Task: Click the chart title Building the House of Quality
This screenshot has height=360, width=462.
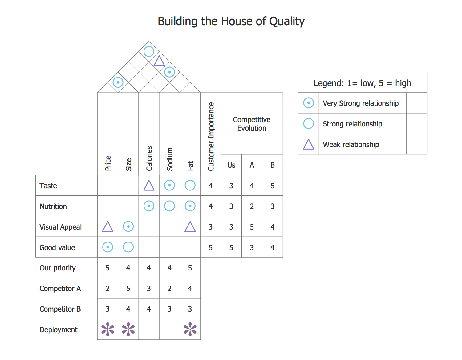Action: pyautogui.click(x=231, y=22)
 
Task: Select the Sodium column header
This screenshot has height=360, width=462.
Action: pyautogui.click(x=170, y=159)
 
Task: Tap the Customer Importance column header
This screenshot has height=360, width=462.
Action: pyautogui.click(x=211, y=136)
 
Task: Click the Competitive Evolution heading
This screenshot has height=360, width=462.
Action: pyautogui.click(x=252, y=124)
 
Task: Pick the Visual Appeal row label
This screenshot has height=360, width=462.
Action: pyautogui.click(x=61, y=227)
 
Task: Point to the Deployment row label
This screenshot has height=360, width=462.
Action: pyautogui.click(x=59, y=330)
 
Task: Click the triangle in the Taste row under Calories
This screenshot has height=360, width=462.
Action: pyautogui.click(x=149, y=186)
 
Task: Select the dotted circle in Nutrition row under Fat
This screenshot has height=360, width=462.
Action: pyautogui.click(x=190, y=206)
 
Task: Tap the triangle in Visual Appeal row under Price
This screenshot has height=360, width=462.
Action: pyautogui.click(x=107, y=227)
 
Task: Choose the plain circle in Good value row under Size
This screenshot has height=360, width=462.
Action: pyautogui.click(x=128, y=247)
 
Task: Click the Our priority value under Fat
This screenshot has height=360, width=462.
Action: pyautogui.click(x=190, y=268)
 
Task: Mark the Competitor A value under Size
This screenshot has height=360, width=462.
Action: pyautogui.click(x=128, y=289)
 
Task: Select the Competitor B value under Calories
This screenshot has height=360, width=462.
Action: pyautogui.click(x=149, y=309)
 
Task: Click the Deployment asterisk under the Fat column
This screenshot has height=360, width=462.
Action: pyautogui.click(x=190, y=329)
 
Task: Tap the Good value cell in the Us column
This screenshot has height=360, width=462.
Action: pyautogui.click(x=231, y=248)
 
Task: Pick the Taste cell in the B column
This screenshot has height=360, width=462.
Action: pyautogui.click(x=273, y=186)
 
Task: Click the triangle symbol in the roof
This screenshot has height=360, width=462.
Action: pyautogui.click(x=159, y=61)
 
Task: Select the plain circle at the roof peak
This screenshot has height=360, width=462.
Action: pyautogui.click(x=149, y=51)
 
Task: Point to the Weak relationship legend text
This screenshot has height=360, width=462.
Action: pyautogui.click(x=351, y=145)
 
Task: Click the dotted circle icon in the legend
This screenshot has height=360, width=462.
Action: pyautogui.click(x=308, y=103)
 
